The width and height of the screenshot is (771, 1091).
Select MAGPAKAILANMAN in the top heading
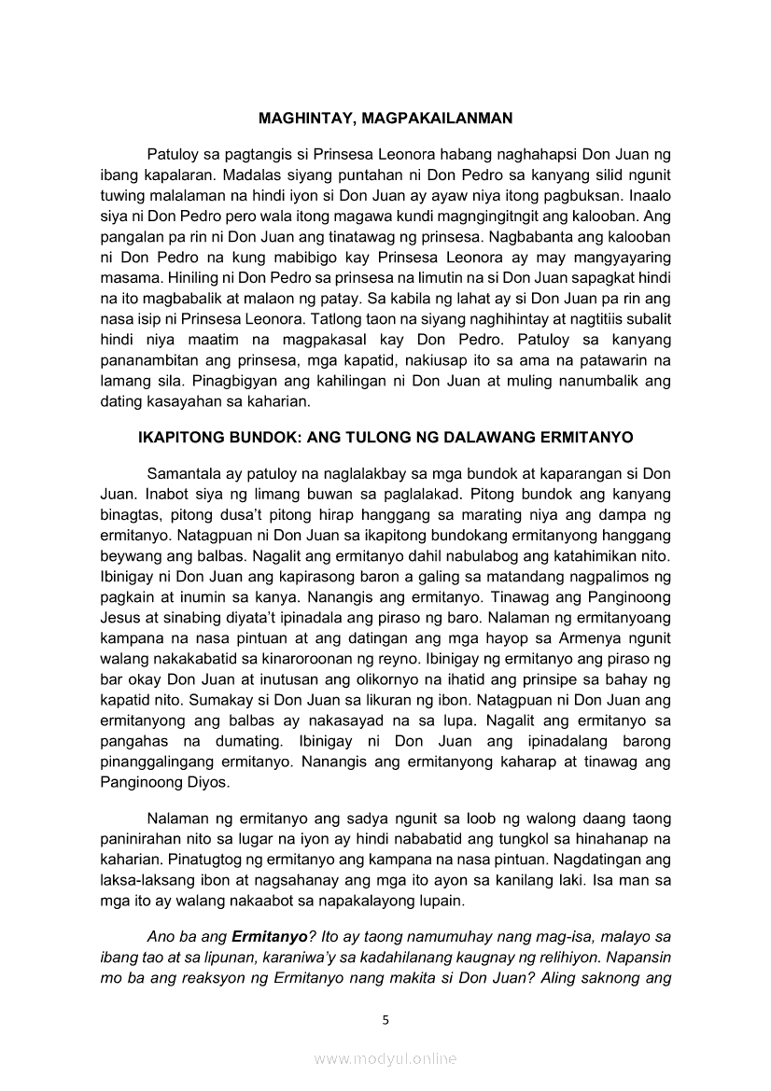click(x=433, y=119)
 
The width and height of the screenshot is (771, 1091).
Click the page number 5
click(x=385, y=1020)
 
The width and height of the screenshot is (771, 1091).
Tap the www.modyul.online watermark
click(x=385, y=1058)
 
